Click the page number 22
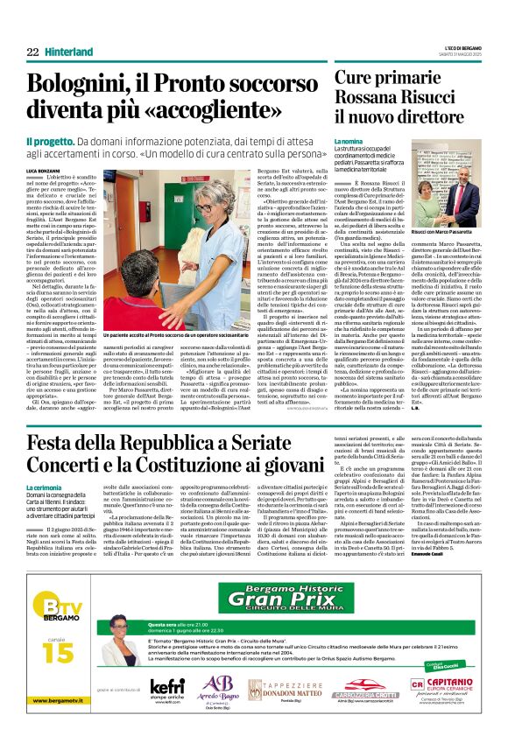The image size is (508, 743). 32,53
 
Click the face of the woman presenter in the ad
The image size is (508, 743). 120,649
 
